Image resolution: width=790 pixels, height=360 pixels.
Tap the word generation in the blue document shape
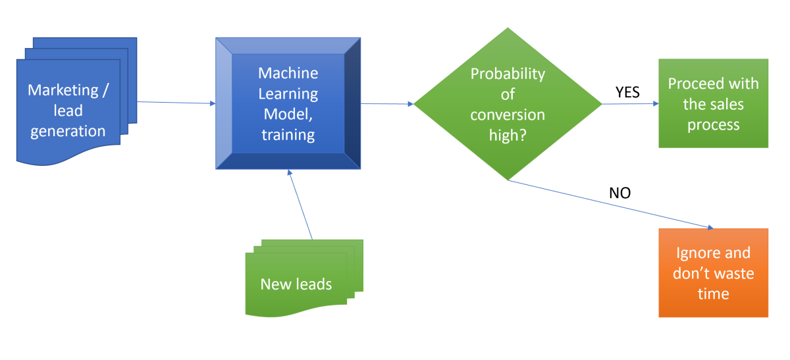68,130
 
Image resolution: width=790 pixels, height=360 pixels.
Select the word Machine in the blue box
288,73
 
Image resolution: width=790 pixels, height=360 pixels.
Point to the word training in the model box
288,135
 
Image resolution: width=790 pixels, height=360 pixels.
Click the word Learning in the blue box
288,93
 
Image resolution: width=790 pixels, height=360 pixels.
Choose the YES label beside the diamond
627,92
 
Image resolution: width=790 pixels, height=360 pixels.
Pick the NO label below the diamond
619,193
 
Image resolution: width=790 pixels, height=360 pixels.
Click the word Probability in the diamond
508,73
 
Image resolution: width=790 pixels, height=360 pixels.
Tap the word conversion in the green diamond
508,115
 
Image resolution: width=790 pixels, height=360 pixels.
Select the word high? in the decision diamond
508,135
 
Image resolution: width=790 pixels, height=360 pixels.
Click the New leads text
296,284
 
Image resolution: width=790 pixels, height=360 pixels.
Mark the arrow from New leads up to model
300,204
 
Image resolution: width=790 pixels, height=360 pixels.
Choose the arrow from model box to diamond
387,103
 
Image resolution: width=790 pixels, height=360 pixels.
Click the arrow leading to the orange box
612,205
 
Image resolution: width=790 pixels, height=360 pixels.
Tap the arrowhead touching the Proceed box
654,103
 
